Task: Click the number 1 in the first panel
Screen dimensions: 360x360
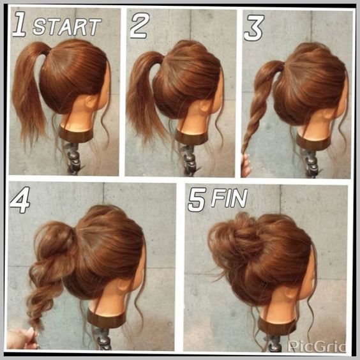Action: [x=20, y=24]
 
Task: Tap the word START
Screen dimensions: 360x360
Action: [x=67, y=27]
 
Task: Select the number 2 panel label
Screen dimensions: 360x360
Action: [x=140, y=26]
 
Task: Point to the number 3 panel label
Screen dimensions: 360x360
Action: [x=254, y=27]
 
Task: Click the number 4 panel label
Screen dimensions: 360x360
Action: [x=20, y=200]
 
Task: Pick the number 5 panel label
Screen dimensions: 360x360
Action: [x=197, y=200]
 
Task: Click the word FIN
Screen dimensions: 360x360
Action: [x=229, y=198]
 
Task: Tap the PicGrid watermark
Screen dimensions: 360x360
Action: [x=317, y=346]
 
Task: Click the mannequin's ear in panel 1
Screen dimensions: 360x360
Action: [x=91, y=101]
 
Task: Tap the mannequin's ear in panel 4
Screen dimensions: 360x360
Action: [x=124, y=285]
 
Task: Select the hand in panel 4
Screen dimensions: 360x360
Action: [x=22, y=338]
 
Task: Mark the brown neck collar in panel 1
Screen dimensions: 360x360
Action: [x=76, y=134]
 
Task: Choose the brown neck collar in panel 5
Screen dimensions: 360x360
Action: [x=277, y=326]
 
